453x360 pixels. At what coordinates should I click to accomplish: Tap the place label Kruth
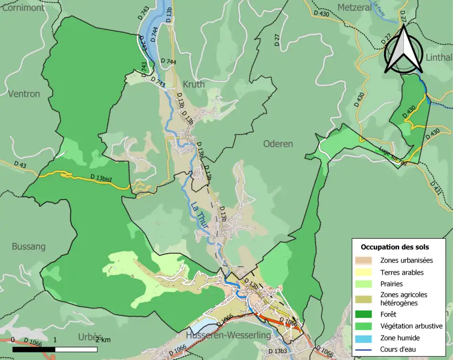tap(193, 84)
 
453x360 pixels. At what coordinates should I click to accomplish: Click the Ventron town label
tap(24, 94)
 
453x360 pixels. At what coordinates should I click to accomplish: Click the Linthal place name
tap(438, 58)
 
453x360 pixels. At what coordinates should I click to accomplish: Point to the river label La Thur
tap(200, 216)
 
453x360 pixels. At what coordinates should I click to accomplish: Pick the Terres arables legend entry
tap(402, 272)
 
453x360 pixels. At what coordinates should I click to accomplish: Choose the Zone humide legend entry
tap(400, 338)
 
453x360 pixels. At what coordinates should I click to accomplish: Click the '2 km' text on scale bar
tap(102, 340)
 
